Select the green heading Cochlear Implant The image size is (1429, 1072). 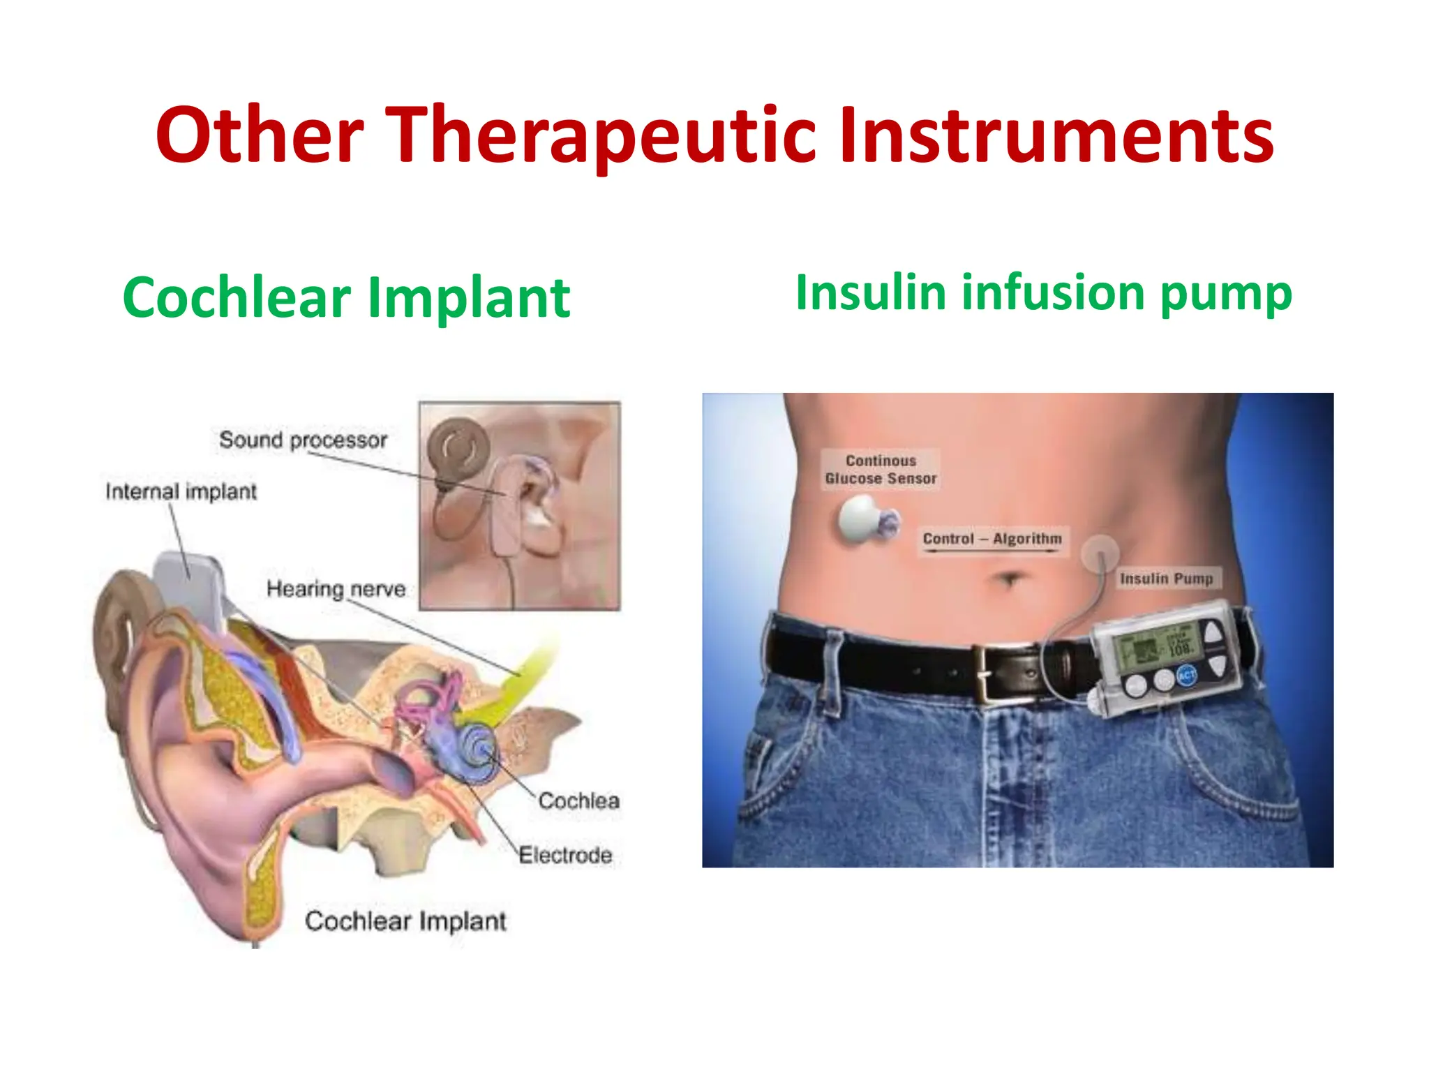click(x=346, y=298)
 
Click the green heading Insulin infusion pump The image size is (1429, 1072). click(x=1043, y=292)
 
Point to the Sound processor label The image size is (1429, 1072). click(x=303, y=440)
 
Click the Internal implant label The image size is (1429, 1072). click(x=181, y=492)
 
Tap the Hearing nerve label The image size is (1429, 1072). click(x=336, y=589)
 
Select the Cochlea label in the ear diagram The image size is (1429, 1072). click(x=578, y=801)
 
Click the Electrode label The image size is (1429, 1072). click(x=565, y=855)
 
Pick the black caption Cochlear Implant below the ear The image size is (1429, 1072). click(x=405, y=921)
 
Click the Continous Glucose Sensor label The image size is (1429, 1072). click(x=881, y=470)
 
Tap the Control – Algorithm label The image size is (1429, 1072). click(x=992, y=539)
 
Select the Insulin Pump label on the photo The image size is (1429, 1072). click(x=1166, y=579)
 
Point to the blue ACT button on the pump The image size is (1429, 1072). click(x=1186, y=674)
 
